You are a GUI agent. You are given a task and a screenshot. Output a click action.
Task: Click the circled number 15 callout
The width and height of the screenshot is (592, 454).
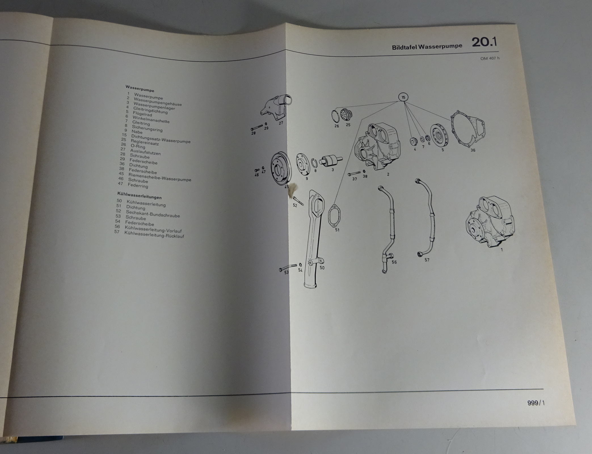coord(403,97)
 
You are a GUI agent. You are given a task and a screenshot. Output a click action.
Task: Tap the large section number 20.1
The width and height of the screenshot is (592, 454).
coord(484,42)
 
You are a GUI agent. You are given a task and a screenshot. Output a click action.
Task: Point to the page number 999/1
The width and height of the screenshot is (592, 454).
coord(536,403)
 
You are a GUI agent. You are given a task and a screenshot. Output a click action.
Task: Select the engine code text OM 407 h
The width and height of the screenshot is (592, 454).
coord(490,58)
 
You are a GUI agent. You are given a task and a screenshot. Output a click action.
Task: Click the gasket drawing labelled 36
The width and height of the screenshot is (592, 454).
coord(467,128)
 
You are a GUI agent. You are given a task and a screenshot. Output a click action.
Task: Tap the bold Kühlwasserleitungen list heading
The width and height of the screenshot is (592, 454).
coord(139,196)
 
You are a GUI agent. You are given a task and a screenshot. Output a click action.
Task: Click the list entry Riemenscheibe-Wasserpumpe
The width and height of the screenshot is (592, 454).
coord(160,177)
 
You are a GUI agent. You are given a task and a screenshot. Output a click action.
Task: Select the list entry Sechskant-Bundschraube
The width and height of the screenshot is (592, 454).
coord(153,213)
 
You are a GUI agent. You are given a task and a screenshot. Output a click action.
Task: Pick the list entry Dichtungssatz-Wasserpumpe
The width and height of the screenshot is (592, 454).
coord(161,139)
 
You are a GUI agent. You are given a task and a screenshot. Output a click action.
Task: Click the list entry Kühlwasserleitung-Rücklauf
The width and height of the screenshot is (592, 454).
coord(154,234)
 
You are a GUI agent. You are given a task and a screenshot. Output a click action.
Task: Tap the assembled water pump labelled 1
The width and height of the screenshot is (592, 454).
coord(490,221)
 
